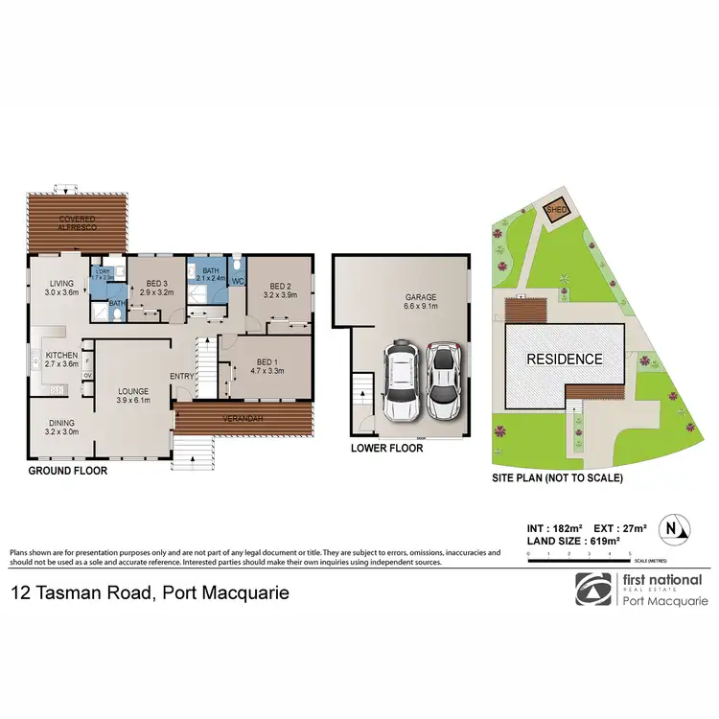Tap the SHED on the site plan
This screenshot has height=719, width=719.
click(x=556, y=208)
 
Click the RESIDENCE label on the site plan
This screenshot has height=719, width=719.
click(x=564, y=359)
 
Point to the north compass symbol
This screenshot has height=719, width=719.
click(x=677, y=526)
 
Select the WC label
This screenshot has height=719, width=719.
click(x=238, y=281)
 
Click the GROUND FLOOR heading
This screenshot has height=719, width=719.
click(x=67, y=471)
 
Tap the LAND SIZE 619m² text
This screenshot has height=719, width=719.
click(x=562, y=542)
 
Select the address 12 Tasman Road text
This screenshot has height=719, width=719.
click(x=149, y=592)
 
